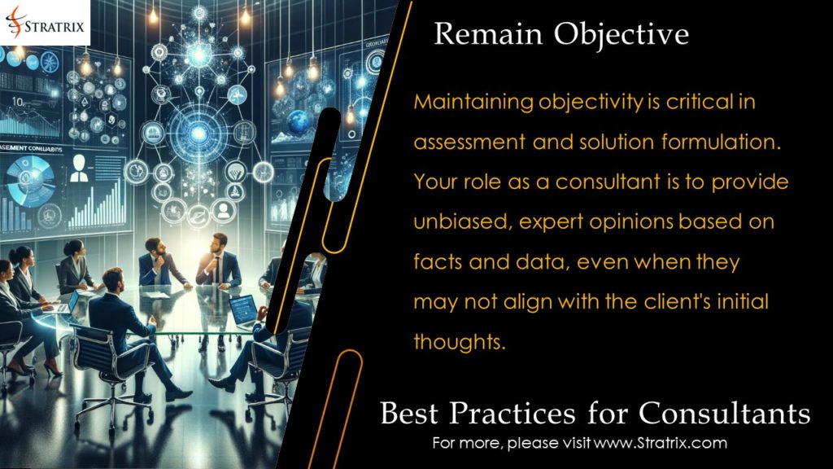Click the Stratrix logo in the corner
(x=45, y=22)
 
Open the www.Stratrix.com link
(x=660, y=444)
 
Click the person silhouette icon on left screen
(x=80, y=169)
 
